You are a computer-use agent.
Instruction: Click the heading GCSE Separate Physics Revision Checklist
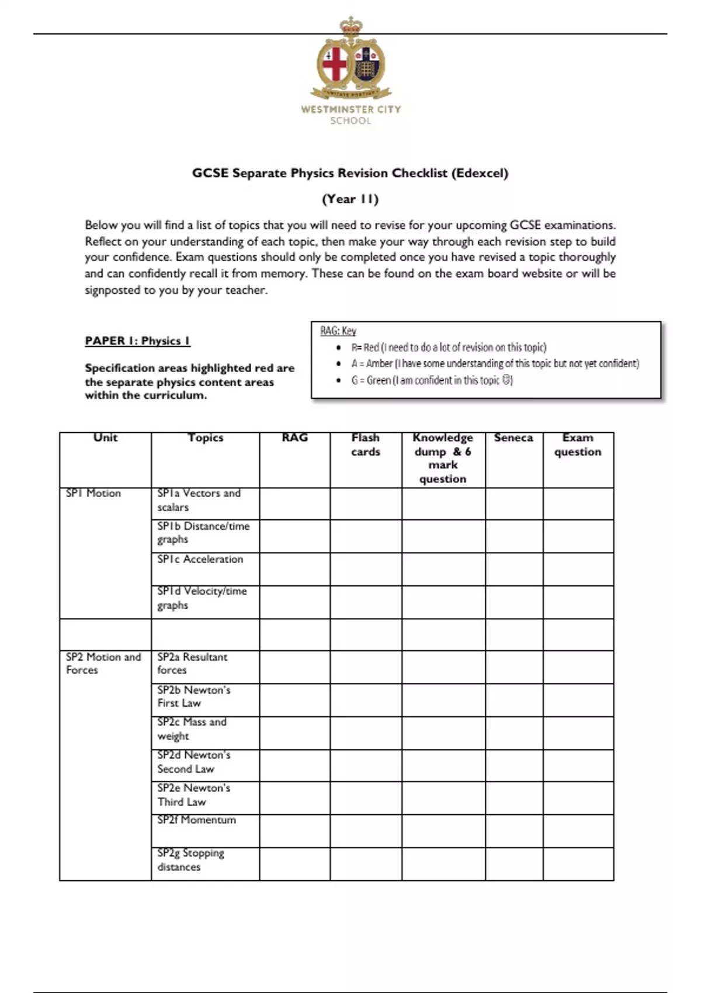pyautogui.click(x=350, y=173)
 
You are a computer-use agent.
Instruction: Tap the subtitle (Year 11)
pyautogui.click(x=350, y=199)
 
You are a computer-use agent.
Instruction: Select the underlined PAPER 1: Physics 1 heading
pyautogui.click(x=137, y=341)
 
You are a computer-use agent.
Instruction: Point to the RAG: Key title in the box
pyautogui.click(x=338, y=331)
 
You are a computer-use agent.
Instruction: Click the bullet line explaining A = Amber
pyautogui.click(x=495, y=363)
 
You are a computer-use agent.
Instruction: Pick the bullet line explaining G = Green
pyautogui.click(x=432, y=380)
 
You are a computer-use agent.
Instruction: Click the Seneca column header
pyautogui.click(x=513, y=438)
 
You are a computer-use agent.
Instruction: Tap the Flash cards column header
pyautogui.click(x=366, y=445)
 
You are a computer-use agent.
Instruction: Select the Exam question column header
pyautogui.click(x=578, y=445)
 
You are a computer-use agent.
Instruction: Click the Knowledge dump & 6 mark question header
pyautogui.click(x=443, y=458)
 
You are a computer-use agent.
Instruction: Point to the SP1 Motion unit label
pyautogui.click(x=93, y=493)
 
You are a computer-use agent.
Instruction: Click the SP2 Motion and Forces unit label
pyautogui.click(x=103, y=663)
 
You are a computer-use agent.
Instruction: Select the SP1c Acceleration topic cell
pyautogui.click(x=200, y=559)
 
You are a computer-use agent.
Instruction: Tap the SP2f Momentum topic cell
pyautogui.click(x=196, y=820)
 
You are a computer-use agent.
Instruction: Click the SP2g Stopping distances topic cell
pyautogui.click(x=190, y=860)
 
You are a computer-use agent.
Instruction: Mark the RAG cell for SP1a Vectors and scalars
pyautogui.click(x=294, y=504)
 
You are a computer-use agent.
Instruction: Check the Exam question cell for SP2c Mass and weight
pyautogui.click(x=578, y=733)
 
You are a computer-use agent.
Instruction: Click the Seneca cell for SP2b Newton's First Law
pyautogui.click(x=513, y=700)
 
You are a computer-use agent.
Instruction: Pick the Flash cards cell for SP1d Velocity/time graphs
pyautogui.click(x=366, y=602)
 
